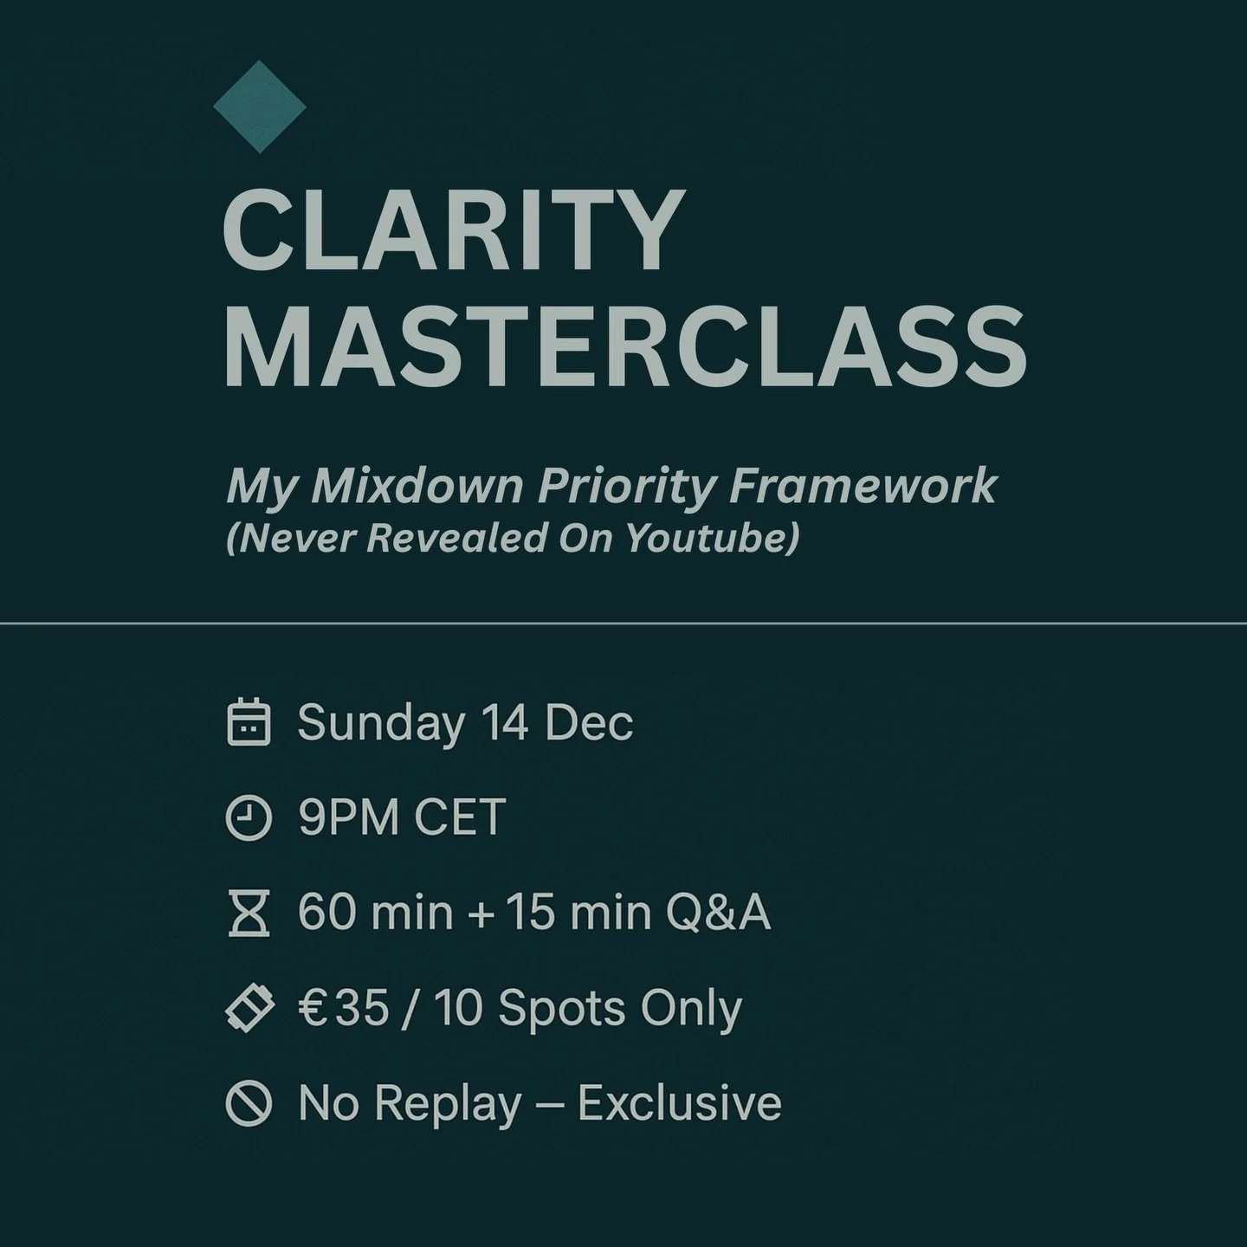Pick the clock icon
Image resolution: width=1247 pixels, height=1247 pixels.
coord(249,818)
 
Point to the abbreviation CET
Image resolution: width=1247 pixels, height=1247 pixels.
coord(460,817)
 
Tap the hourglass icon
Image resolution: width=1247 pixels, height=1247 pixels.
coord(249,914)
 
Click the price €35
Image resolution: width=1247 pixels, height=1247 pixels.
coord(344,1008)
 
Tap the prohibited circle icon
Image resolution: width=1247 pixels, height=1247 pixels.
coord(249,1104)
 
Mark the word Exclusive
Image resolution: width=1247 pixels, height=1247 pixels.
coord(679,1103)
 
